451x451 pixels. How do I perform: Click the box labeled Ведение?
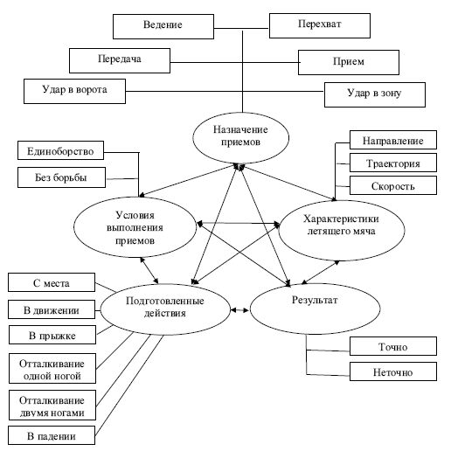[163, 26]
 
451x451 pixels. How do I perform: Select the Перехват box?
[320, 25]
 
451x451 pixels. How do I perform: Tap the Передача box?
[120, 60]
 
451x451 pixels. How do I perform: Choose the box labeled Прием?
[349, 62]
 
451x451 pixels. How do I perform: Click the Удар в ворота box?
[74, 91]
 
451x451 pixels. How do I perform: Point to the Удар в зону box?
[375, 94]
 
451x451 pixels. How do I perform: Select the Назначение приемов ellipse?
[240, 138]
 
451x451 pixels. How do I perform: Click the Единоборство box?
[60, 150]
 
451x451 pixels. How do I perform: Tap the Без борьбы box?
[61, 177]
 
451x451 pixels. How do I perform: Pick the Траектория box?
[393, 163]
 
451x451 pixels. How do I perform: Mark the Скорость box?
[393, 185]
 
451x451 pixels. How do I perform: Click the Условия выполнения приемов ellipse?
[135, 227]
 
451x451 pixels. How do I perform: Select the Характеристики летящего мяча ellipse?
[342, 230]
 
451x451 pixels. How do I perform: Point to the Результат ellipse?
[315, 309]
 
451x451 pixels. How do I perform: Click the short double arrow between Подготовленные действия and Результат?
[239, 310]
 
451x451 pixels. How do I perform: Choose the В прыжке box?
[52, 335]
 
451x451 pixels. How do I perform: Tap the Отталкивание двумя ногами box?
[52, 405]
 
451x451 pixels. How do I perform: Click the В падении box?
[52, 435]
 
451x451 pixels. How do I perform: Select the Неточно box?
[393, 371]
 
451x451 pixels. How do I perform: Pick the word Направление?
[393, 141]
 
